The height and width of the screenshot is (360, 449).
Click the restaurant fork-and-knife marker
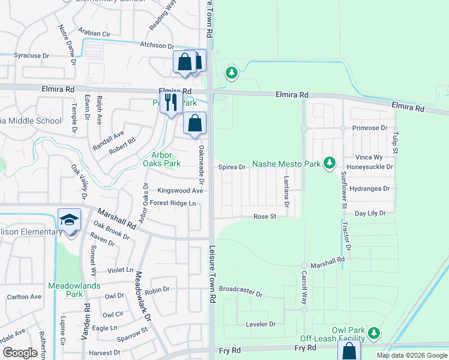(171, 102)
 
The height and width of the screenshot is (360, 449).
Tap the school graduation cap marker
(70, 220)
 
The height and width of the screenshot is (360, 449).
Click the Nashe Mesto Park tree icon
(329, 163)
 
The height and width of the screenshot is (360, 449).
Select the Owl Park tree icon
(375, 332)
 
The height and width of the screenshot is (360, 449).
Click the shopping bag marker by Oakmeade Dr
(194, 124)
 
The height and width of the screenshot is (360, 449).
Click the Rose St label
(264, 217)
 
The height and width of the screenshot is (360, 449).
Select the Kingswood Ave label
(180, 191)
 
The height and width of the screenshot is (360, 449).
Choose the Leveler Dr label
(261, 324)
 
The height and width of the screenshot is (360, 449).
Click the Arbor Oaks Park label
(157, 159)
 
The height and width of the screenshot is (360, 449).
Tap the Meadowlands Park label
(65, 290)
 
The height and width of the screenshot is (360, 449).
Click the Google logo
(20, 352)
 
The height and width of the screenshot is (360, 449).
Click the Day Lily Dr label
(375, 213)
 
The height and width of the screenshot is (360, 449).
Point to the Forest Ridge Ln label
(173, 203)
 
